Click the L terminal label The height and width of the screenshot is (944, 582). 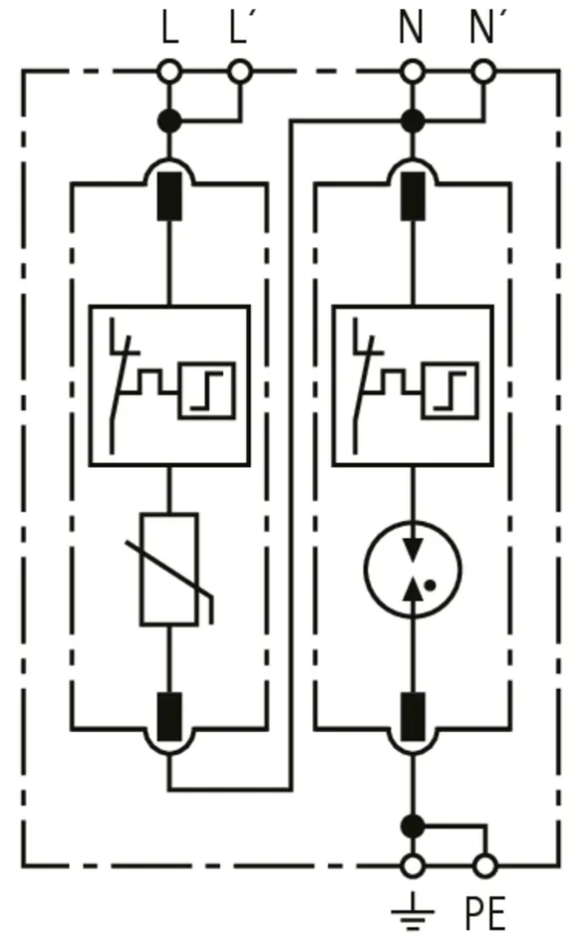tap(170, 28)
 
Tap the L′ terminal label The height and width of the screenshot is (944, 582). tap(240, 28)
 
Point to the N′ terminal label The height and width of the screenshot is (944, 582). tap(482, 28)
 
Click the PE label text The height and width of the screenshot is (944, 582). tap(485, 913)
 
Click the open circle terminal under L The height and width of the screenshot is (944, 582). tap(169, 73)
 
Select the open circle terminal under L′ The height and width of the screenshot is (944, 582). tap(240, 73)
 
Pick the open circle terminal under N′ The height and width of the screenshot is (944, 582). tap(483, 73)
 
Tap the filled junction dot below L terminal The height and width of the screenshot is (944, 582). tap(169, 121)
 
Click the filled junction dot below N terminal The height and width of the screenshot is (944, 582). tap(413, 121)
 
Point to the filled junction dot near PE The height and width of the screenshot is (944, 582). tap(413, 825)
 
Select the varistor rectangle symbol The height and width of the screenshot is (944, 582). tap(169, 570)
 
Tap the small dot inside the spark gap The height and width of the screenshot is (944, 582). tap(430, 584)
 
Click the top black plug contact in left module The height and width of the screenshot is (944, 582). tap(169, 195)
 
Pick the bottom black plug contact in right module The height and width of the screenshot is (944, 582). tap(413, 716)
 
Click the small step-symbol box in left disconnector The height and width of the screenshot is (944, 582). tap(206, 390)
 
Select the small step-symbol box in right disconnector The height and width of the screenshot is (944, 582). tap(450, 390)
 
